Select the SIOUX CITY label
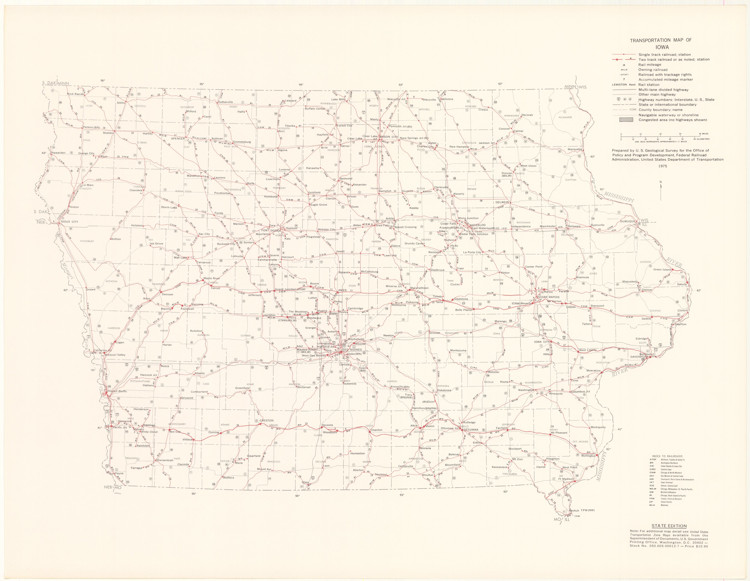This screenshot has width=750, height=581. coord(69,222)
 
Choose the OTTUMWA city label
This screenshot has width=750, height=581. coord(471,429)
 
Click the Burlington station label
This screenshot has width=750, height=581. coord(588,456)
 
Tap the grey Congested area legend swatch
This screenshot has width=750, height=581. coord(626,120)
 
